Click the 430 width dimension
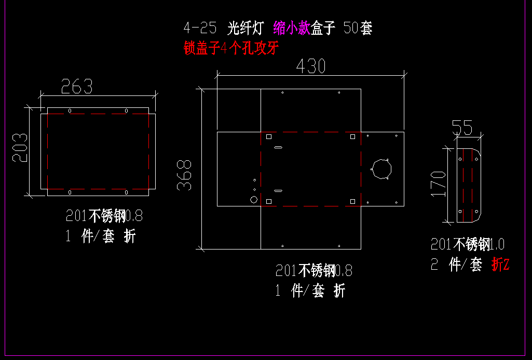click(x=311, y=66)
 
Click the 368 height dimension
click(x=184, y=175)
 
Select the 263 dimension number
click(x=77, y=87)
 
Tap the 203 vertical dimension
click(x=20, y=147)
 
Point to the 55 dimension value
click(x=462, y=128)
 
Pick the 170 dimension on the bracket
click(x=438, y=184)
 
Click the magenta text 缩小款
click(x=292, y=28)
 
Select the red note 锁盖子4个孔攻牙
click(x=231, y=48)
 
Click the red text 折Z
click(x=500, y=264)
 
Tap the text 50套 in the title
click(x=358, y=28)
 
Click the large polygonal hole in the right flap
click(x=381, y=169)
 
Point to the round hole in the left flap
click(x=254, y=200)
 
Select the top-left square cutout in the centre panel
click(x=269, y=136)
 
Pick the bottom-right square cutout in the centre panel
click(x=352, y=201)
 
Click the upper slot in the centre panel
click(x=278, y=147)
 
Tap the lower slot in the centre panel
click(x=278, y=191)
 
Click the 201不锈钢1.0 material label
click(x=468, y=244)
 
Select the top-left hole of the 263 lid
click(x=70, y=111)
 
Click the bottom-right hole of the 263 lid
click(x=126, y=192)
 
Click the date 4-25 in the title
click(x=200, y=28)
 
